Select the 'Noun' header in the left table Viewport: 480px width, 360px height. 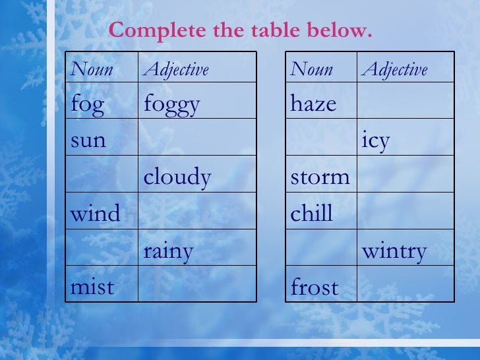pyautogui.click(x=92, y=69)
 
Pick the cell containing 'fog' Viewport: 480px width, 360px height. pyautogui.click(x=87, y=105)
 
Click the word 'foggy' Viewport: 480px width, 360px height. pyautogui.click(x=171, y=105)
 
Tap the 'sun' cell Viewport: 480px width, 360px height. pyautogui.click(x=88, y=140)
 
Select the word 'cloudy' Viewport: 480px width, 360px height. pyautogui.click(x=177, y=177)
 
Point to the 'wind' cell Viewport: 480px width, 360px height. pyautogui.click(x=96, y=214)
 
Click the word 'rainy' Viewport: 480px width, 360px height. pyautogui.click(x=169, y=251)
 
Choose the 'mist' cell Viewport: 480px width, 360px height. pyautogui.click(x=92, y=287)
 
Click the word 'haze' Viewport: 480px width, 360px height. pyautogui.click(x=314, y=104)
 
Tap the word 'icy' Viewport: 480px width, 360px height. pyautogui.click(x=376, y=140)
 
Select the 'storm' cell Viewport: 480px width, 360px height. pyautogui.click(x=320, y=177)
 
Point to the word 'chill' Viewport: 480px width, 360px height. pyautogui.click(x=312, y=214)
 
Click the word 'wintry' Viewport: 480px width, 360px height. pyautogui.click(x=394, y=251)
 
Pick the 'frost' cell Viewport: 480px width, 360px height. pyautogui.click(x=315, y=287)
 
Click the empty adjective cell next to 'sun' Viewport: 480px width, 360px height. pyautogui.click(x=197, y=137)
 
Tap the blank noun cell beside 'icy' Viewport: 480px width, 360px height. pyautogui.click(x=321, y=137)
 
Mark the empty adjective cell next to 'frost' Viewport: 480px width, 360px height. pyautogui.click(x=405, y=285)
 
